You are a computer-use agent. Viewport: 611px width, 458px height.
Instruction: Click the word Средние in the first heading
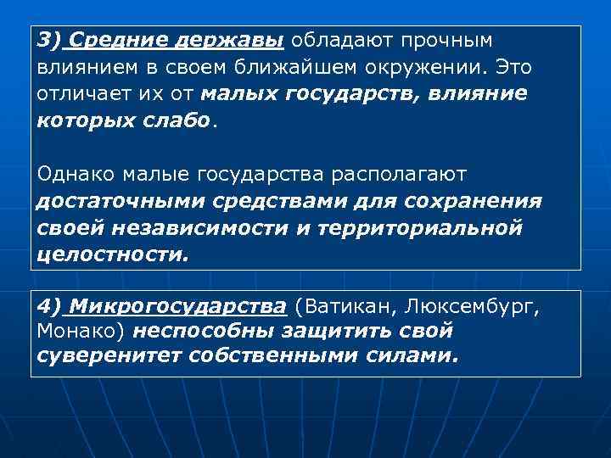point(111,42)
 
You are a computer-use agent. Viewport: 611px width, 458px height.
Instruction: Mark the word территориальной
point(399,228)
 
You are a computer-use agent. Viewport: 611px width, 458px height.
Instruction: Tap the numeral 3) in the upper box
point(51,42)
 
